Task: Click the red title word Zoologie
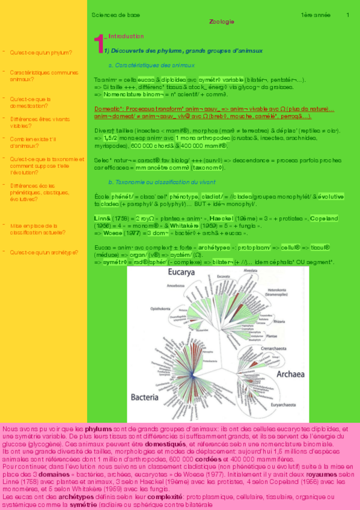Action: click(222, 22)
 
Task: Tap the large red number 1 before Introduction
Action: click(100, 45)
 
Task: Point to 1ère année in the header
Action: click(314, 14)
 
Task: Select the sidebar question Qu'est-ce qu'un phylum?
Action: click(41, 52)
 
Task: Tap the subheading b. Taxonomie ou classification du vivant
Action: click(158, 182)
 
